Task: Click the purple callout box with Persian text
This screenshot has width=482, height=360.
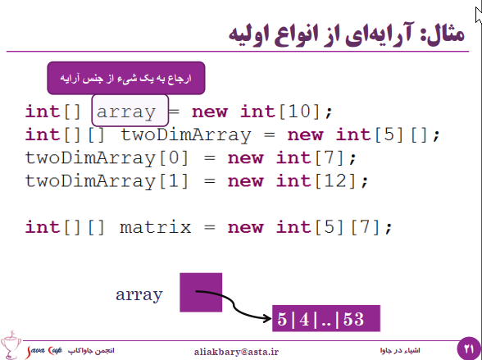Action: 126,78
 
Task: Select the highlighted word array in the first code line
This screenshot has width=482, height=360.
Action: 126,112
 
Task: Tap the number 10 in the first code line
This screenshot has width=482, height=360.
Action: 300,111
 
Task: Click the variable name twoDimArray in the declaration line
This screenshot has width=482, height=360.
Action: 186,135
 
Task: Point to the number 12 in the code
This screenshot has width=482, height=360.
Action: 336,180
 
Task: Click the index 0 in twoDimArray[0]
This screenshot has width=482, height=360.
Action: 175,157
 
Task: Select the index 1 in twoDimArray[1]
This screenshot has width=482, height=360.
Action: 175,180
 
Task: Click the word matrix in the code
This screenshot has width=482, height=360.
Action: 156,227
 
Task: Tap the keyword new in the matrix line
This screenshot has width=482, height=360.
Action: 246,227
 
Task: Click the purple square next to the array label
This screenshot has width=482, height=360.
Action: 201,293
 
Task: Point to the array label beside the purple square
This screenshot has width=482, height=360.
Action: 139,295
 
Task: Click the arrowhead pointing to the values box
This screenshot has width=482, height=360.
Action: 267,318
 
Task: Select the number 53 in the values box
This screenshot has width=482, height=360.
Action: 353,319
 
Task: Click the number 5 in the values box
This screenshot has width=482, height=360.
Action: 282,319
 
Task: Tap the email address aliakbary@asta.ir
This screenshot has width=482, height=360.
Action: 236,352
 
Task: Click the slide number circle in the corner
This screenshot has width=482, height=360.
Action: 469,349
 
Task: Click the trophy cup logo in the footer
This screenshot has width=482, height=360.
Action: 11,344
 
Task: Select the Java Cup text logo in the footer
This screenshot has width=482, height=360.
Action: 44,351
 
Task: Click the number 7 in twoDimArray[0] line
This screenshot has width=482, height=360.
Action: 331,157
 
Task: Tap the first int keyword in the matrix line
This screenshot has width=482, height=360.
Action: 43,227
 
